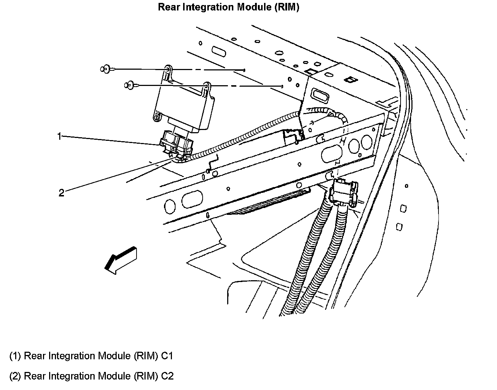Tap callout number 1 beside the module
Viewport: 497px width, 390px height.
[x=59, y=136]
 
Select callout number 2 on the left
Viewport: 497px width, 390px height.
[x=61, y=193]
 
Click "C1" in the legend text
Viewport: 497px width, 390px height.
[x=167, y=356]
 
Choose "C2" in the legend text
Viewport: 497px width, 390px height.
[x=167, y=376]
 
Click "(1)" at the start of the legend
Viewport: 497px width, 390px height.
[x=15, y=356]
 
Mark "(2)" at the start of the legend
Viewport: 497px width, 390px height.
[x=15, y=376]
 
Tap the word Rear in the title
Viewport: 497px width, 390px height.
[x=168, y=7]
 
